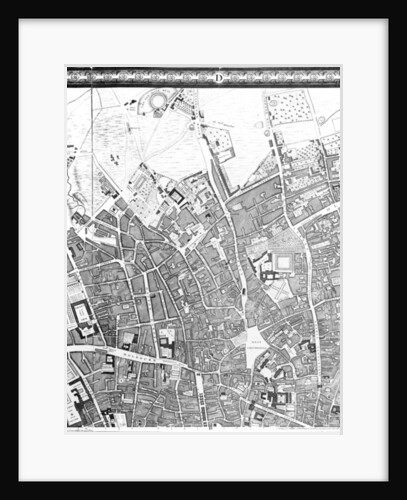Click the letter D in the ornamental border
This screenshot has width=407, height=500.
coord(218,78)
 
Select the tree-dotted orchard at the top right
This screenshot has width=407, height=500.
coord(289,107)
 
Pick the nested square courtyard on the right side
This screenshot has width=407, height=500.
coord(283,262)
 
